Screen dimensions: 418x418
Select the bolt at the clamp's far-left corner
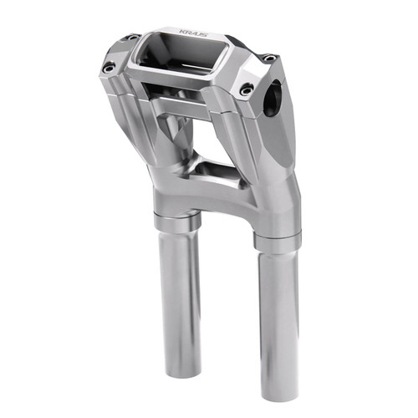click(x=134, y=37)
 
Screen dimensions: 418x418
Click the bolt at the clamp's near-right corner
click(x=246, y=89)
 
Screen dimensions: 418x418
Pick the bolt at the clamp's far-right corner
click(x=268, y=59)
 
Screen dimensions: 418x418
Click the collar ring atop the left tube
click(x=176, y=222)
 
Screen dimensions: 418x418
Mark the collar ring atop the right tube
click(x=277, y=242)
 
